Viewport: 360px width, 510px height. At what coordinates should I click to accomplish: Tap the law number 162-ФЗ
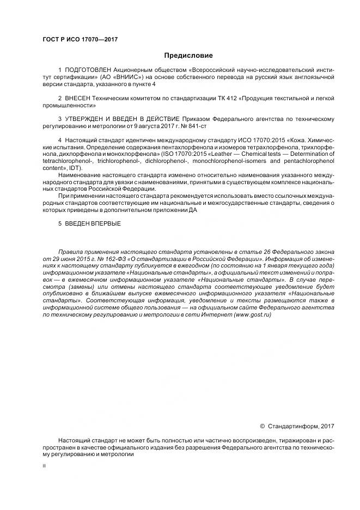pos(96,259)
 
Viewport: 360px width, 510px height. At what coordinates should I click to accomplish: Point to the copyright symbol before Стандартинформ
pos(262,425)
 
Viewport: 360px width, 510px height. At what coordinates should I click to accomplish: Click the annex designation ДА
pos(193,209)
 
